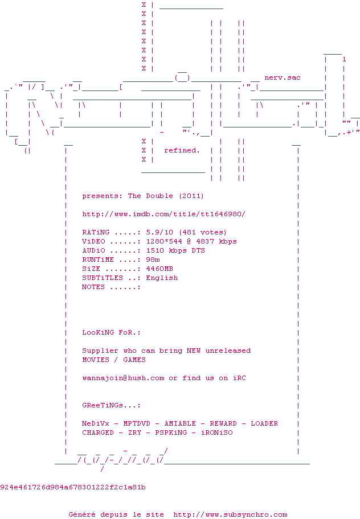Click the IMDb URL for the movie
163,214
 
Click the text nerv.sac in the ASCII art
283,77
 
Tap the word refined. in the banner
182,150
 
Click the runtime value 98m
153,259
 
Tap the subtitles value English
162,278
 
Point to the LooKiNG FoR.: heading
111,332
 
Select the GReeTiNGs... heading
111,405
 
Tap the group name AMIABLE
180,423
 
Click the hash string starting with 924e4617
73,487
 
